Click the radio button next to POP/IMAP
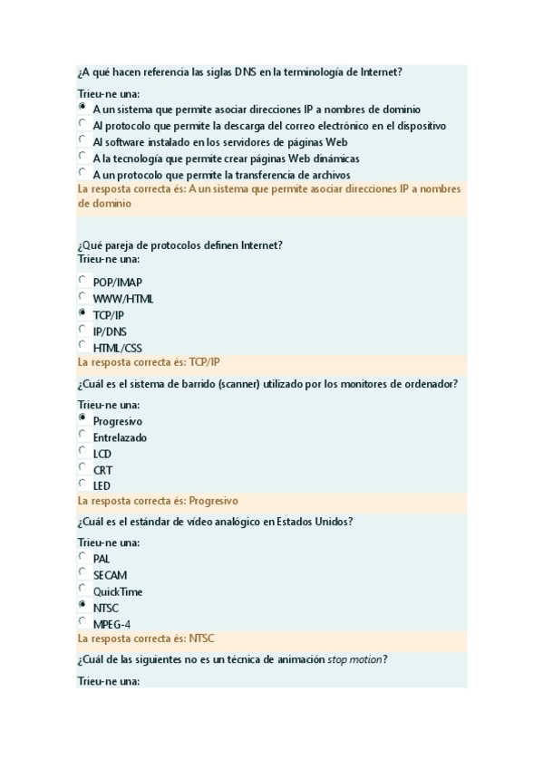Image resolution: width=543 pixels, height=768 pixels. coord(82,280)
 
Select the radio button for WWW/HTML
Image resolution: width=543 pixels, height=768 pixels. coord(82,296)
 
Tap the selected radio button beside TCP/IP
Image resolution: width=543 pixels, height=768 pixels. coord(82,312)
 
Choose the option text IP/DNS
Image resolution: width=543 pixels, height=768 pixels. coord(110,331)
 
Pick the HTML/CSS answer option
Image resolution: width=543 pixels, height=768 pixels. coord(117,348)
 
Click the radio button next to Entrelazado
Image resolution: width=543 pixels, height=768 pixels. coord(82,435)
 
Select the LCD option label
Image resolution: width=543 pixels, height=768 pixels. coord(102,454)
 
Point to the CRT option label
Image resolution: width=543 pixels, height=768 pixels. coord(102,470)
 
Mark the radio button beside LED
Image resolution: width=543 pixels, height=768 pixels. coord(82,484)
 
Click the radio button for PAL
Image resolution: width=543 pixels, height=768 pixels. coord(82,556)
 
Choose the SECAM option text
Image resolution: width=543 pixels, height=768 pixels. coord(110,575)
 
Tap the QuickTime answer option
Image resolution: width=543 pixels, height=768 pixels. coord(117,592)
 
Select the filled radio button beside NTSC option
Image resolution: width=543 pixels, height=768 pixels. coord(82,605)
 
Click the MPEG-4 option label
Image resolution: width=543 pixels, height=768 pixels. coord(112,624)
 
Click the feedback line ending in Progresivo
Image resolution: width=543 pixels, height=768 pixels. coord(158,500)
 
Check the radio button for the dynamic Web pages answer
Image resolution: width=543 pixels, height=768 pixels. coord(82,156)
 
